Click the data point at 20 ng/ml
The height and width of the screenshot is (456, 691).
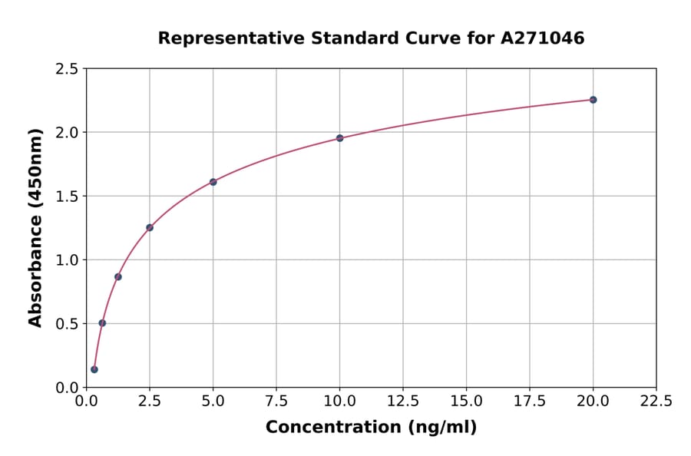pyautogui.click(x=593, y=100)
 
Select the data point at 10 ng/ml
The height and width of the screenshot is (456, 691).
pyautogui.click(x=339, y=138)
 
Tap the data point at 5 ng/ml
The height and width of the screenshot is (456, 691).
pyautogui.click(x=213, y=182)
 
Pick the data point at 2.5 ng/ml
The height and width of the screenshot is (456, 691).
pyautogui.click(x=150, y=227)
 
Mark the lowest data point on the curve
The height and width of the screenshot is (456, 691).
pyautogui.click(x=94, y=369)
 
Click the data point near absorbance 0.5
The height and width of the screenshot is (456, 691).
pyautogui.click(x=102, y=323)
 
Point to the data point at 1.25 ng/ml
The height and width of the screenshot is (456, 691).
pyautogui.click(x=118, y=276)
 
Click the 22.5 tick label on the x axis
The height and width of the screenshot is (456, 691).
pyautogui.click(x=656, y=401)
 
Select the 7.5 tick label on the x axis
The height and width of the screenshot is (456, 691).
pyautogui.click(x=276, y=401)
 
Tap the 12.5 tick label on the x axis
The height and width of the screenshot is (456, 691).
pyautogui.click(x=402, y=401)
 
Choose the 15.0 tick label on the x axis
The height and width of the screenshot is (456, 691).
pyautogui.click(x=466, y=401)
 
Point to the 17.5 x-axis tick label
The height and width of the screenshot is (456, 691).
pyautogui.click(x=529, y=401)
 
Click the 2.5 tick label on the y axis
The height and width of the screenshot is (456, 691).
pyautogui.click(x=67, y=69)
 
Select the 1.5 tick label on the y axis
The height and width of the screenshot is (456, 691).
pyautogui.click(x=67, y=197)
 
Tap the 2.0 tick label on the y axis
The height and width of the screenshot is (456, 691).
pyautogui.click(x=67, y=133)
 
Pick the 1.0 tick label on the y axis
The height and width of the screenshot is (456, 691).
pyautogui.click(x=67, y=260)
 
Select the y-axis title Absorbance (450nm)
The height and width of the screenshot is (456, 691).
pyautogui.click(x=35, y=227)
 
